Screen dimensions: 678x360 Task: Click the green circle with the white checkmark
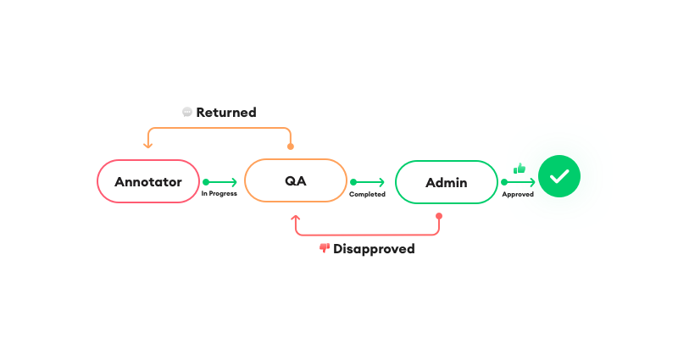[x=559, y=176]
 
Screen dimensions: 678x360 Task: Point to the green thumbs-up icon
[x=520, y=168]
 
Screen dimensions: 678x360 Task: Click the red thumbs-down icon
[x=325, y=248]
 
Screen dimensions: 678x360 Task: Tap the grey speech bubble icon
[x=187, y=113]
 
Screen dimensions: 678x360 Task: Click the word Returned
[x=226, y=113]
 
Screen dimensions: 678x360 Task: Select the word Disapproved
[x=374, y=249]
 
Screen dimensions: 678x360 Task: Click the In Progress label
[x=220, y=194]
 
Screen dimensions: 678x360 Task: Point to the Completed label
[x=367, y=195]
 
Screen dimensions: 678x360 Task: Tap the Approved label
[x=518, y=195]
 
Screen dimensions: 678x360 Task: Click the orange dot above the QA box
[x=291, y=147]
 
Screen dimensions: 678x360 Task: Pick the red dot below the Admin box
[x=439, y=216]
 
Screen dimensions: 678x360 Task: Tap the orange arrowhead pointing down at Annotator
[x=147, y=145]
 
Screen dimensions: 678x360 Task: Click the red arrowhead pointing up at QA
[x=296, y=219]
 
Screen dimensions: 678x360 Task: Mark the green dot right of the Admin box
[x=504, y=182]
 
